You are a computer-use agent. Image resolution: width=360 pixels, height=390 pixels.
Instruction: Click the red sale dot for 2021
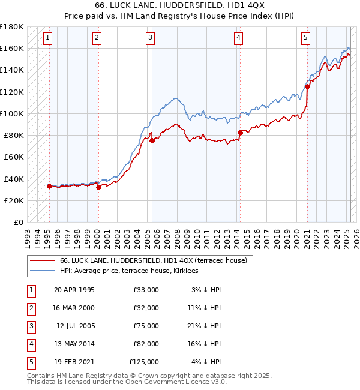(x=307, y=86)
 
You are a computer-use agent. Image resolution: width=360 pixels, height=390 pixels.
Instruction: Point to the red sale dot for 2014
(x=240, y=133)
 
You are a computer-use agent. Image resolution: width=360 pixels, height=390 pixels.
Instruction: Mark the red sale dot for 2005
(x=152, y=140)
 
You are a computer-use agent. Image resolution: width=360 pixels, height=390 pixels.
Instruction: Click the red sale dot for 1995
(x=49, y=186)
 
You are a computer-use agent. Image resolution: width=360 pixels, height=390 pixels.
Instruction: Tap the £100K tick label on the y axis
(x=12, y=113)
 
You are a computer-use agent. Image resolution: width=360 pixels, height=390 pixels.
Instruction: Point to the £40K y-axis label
(x=14, y=179)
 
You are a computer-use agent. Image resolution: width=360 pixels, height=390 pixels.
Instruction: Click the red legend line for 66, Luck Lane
(x=43, y=261)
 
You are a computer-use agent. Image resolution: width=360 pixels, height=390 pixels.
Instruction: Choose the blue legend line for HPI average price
(x=43, y=271)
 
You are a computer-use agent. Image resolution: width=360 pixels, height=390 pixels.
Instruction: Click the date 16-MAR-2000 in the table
(x=74, y=308)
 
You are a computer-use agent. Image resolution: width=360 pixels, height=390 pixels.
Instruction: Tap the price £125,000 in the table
(x=144, y=362)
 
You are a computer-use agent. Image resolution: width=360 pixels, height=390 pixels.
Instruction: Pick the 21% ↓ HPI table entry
(x=206, y=326)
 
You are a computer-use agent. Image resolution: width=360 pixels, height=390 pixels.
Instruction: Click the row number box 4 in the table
(x=31, y=344)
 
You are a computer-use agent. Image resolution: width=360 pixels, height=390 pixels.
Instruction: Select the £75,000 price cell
(x=146, y=326)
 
